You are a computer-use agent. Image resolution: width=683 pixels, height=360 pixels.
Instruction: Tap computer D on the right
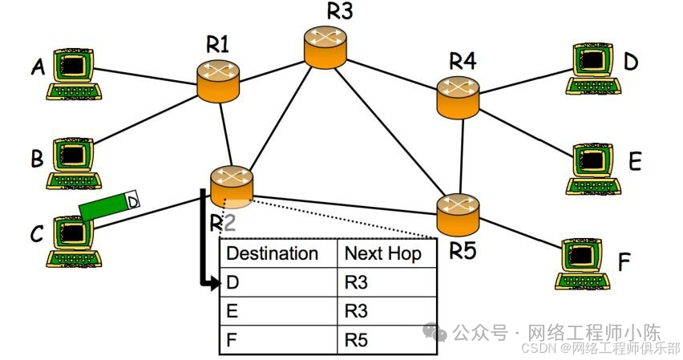click(595, 69)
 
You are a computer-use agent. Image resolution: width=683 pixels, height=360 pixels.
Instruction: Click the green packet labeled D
click(109, 205)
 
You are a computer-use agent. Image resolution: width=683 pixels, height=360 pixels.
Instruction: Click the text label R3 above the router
click(340, 12)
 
